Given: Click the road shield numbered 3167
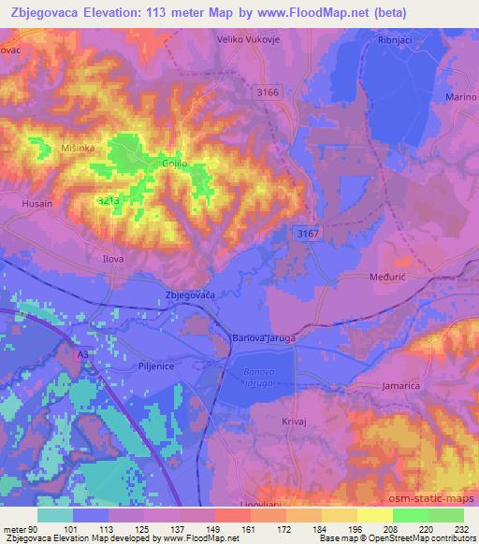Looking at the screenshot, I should [304, 232].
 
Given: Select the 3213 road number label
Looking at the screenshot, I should [111, 200].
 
